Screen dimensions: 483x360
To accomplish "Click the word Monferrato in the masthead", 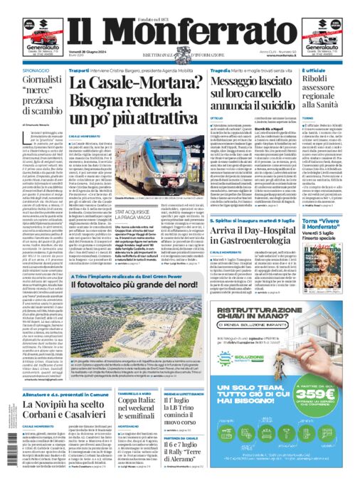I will (179, 31).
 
